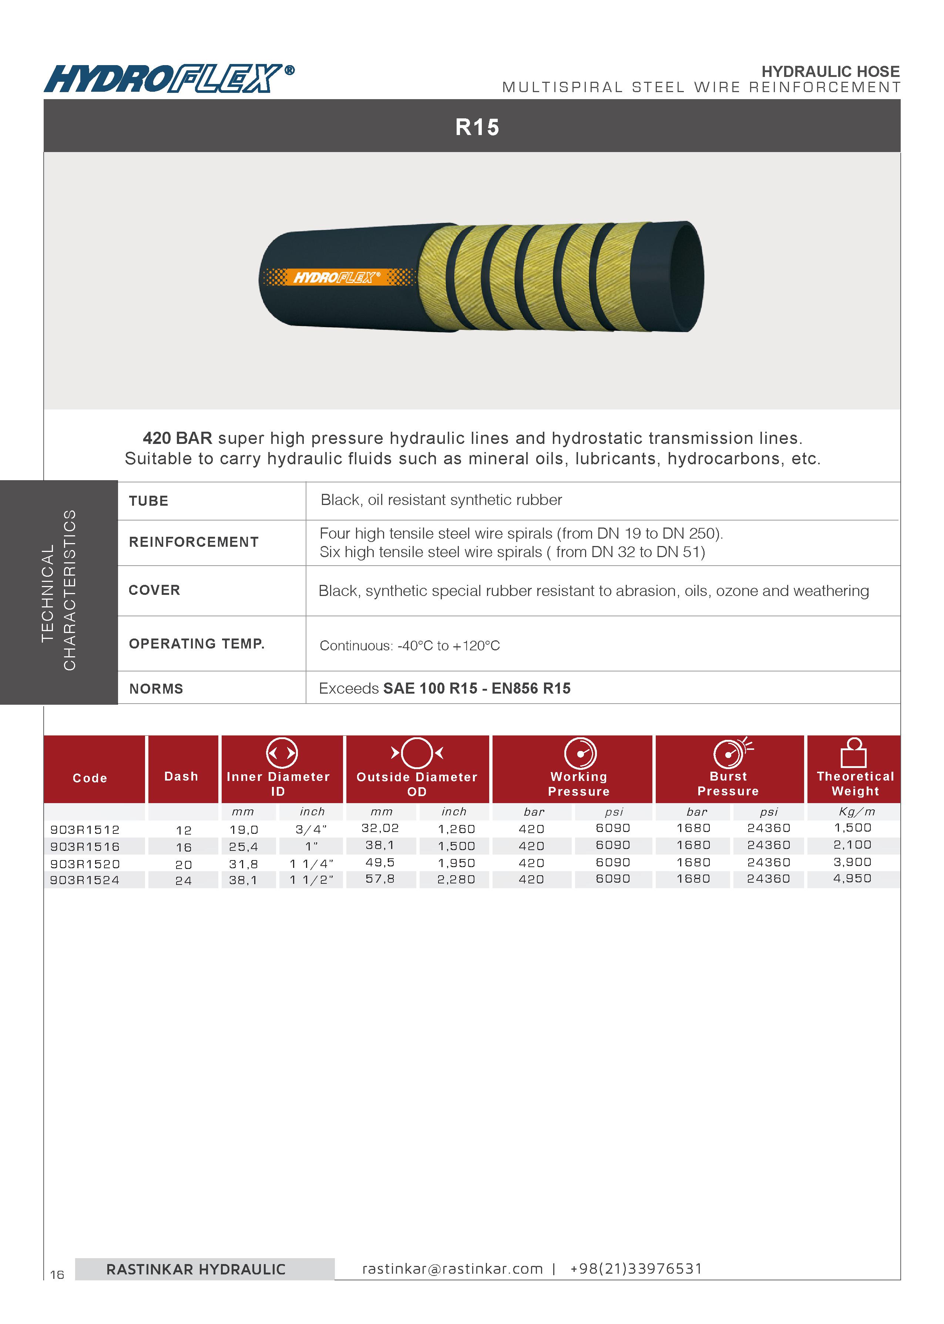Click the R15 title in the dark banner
coord(477,127)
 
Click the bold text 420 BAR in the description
coord(177,438)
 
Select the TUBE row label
coord(149,501)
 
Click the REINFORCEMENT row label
coord(194,542)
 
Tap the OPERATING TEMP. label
coord(196,644)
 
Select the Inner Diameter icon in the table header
coord(282,753)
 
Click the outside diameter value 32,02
coord(380,828)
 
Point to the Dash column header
coord(181,777)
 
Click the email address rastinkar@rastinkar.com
coord(452,1269)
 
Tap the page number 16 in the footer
coord(57,1275)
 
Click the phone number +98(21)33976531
coord(636,1269)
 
